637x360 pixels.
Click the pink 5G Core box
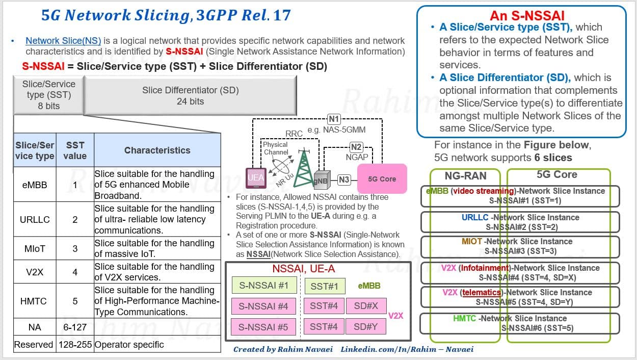coord(382,178)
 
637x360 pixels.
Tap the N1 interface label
coord(334,119)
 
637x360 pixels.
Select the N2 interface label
coord(356,147)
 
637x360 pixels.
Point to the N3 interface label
coord(344,179)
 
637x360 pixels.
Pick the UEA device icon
coord(256,178)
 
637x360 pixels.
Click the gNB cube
coord(322,180)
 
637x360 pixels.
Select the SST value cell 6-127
coord(75,327)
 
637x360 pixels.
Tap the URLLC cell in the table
coord(35,219)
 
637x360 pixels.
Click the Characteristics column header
coord(157,150)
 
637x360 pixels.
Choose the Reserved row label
coord(34,344)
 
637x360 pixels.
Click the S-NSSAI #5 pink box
coord(263,327)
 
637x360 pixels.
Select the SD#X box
coord(366,305)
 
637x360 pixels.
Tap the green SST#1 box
coord(325,286)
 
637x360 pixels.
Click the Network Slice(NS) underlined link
coord(63,41)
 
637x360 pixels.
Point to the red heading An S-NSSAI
coord(527,16)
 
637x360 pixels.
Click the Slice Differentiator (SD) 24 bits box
coord(190,95)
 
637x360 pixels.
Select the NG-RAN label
coord(466,176)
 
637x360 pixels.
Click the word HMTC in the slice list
coord(464,318)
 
